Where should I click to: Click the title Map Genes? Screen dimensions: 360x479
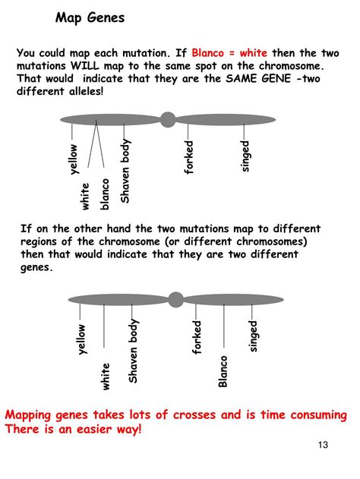90,17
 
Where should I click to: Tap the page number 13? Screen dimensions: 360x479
323,445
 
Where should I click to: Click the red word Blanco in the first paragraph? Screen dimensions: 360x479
208,53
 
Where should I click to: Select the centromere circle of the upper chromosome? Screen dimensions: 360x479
168,119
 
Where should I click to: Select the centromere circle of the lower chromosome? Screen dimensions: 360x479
175,300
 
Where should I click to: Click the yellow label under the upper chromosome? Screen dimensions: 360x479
73,159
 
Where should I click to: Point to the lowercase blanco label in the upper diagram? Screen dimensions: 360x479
104,194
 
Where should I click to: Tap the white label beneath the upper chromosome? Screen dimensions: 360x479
85,197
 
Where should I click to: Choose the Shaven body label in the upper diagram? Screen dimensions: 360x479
125,171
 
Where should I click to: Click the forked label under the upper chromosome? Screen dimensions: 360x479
189,157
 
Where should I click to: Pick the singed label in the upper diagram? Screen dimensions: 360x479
245,156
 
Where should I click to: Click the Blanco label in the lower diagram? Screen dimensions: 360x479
223,371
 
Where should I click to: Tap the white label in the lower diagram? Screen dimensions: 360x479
105,377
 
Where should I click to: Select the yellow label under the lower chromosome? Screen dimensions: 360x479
81,339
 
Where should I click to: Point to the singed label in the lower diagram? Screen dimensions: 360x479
253,336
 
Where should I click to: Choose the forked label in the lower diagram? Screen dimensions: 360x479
197,337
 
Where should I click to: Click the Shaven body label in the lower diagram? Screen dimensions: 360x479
133,351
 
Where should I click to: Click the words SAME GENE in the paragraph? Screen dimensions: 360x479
258,78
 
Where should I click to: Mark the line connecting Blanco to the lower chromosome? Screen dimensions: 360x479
224,326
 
